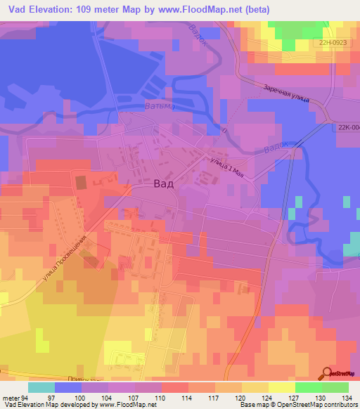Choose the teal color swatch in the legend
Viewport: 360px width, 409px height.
(x=41, y=387)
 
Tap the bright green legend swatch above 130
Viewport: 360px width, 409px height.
(x=309, y=387)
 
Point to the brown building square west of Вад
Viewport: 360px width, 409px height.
(x=81, y=183)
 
